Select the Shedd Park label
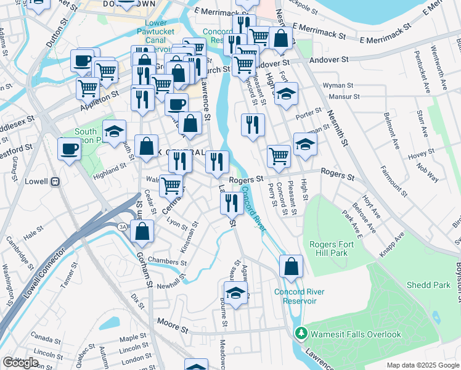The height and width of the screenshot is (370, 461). pos(428,285)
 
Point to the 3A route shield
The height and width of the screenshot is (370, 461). pos(123,227)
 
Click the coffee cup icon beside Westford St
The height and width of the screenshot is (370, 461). pos(69,148)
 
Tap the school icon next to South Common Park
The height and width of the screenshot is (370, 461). pos(114,131)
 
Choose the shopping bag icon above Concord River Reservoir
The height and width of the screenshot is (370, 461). pos(291,266)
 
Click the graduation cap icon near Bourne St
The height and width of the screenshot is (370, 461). pos(235,293)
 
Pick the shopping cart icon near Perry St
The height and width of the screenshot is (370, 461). pos(279,155)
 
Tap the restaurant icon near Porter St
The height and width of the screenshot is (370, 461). pos(253,125)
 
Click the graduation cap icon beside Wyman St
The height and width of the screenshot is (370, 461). pos(286,94)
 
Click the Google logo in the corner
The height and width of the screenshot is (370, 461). pos(20,363)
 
